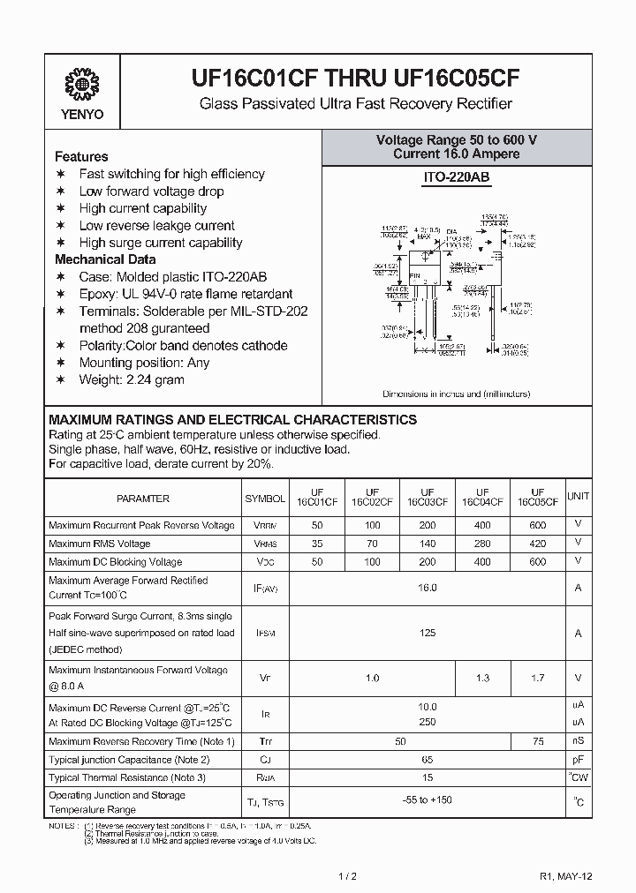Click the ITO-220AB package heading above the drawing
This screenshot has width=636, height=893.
click(x=456, y=177)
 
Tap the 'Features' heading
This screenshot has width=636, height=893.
click(x=81, y=156)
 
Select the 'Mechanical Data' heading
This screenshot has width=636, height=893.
click(x=105, y=259)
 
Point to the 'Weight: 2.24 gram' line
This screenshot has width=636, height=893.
click(x=132, y=379)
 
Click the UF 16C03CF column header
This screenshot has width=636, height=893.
click(x=427, y=498)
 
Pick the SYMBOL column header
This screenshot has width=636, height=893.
click(x=265, y=499)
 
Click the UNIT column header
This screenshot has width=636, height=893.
click(x=579, y=498)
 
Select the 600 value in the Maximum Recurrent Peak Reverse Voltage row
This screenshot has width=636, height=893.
click(x=537, y=525)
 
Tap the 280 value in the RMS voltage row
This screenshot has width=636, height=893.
click(x=482, y=544)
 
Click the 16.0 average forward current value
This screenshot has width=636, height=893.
click(x=428, y=587)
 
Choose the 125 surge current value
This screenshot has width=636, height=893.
click(x=428, y=633)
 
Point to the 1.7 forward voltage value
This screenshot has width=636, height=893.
click(x=537, y=678)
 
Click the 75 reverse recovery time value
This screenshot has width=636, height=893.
click(x=537, y=741)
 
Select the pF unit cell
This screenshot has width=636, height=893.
click(x=579, y=759)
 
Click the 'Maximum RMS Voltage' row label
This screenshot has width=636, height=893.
click(x=99, y=544)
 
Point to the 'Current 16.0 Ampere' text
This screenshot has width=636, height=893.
click(x=457, y=154)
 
